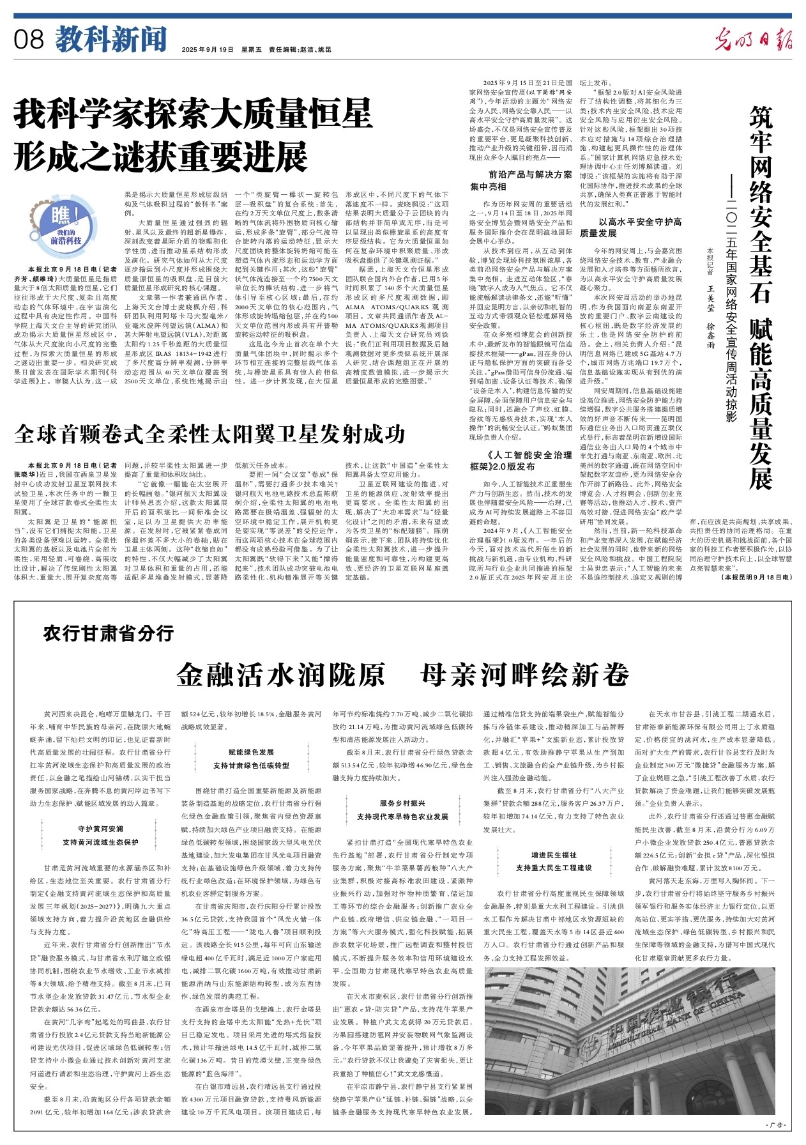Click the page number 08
coord(29,40)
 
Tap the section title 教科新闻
coord(110,39)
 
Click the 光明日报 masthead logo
coord(754,40)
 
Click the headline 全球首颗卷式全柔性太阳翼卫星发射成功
coord(210,434)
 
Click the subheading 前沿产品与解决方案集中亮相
coord(521,180)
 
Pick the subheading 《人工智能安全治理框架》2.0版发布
coord(521,460)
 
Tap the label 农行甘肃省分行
coord(109,633)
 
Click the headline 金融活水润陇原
coord(282,675)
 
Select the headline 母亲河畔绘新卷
coord(524,675)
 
